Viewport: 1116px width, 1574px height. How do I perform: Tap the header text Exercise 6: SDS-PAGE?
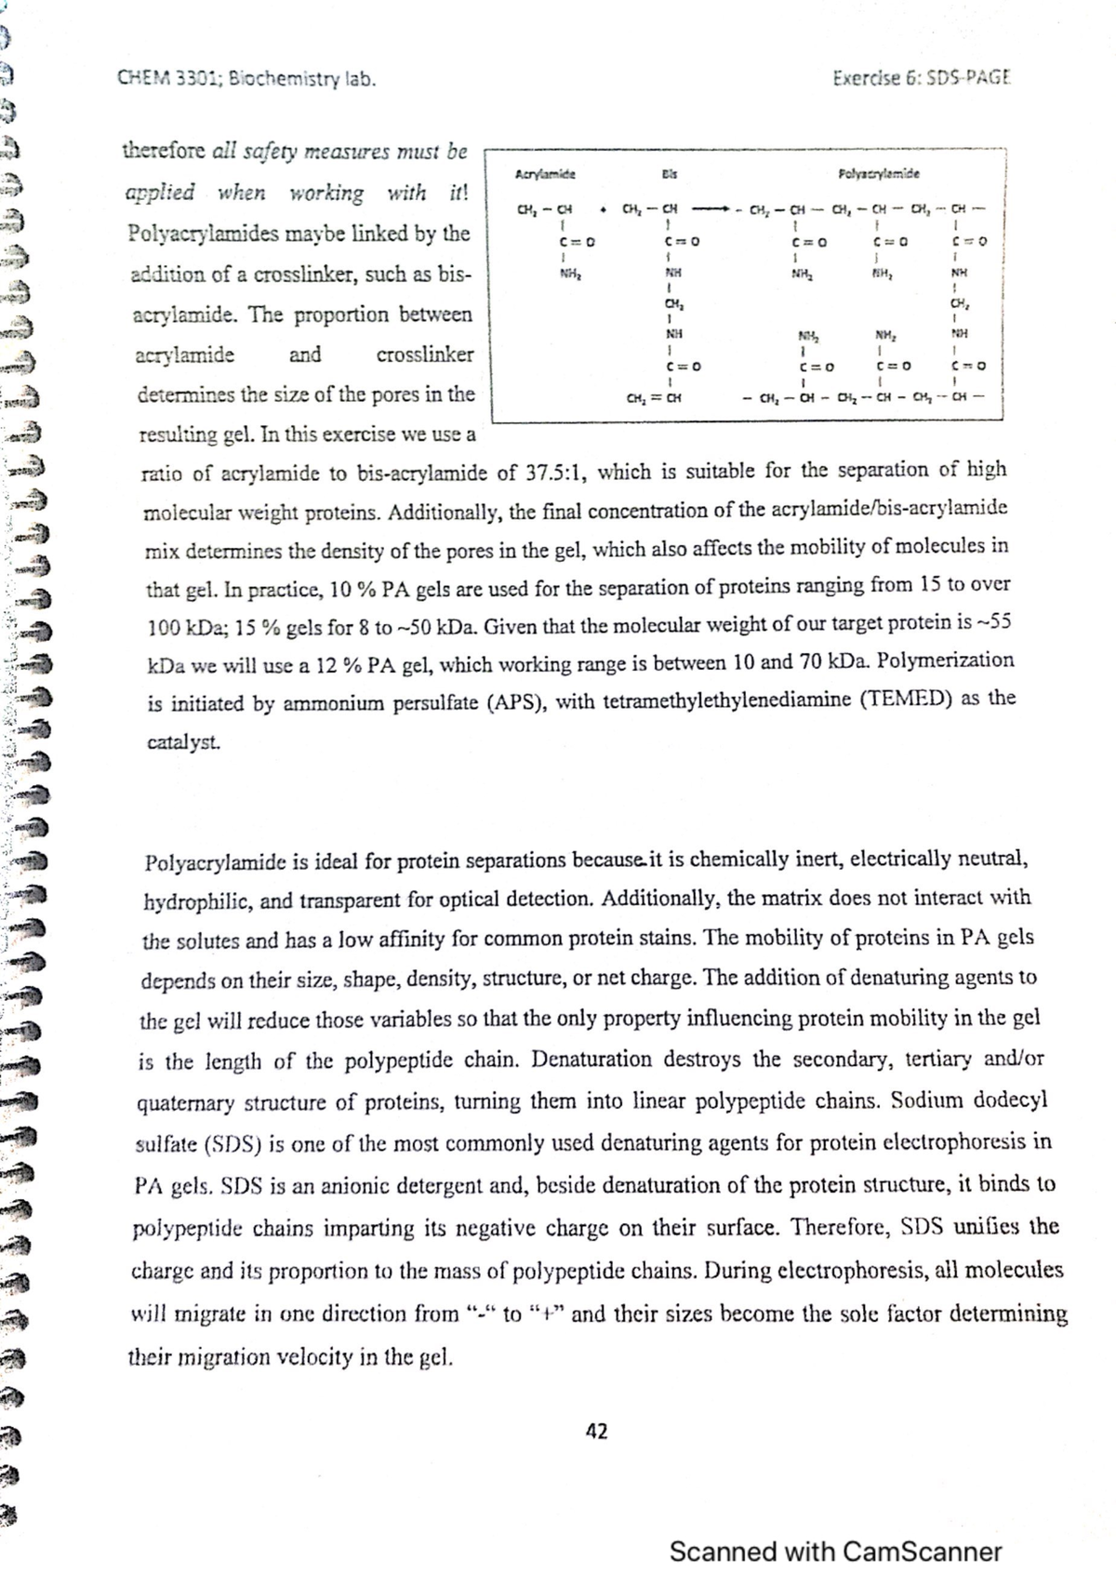pos(921,79)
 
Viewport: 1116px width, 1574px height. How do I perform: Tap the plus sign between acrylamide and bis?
pos(604,207)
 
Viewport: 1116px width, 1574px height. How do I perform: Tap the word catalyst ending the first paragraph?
pos(183,743)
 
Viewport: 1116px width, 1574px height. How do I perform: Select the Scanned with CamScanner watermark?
pos(835,1552)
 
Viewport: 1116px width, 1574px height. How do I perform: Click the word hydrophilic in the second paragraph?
pos(195,902)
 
